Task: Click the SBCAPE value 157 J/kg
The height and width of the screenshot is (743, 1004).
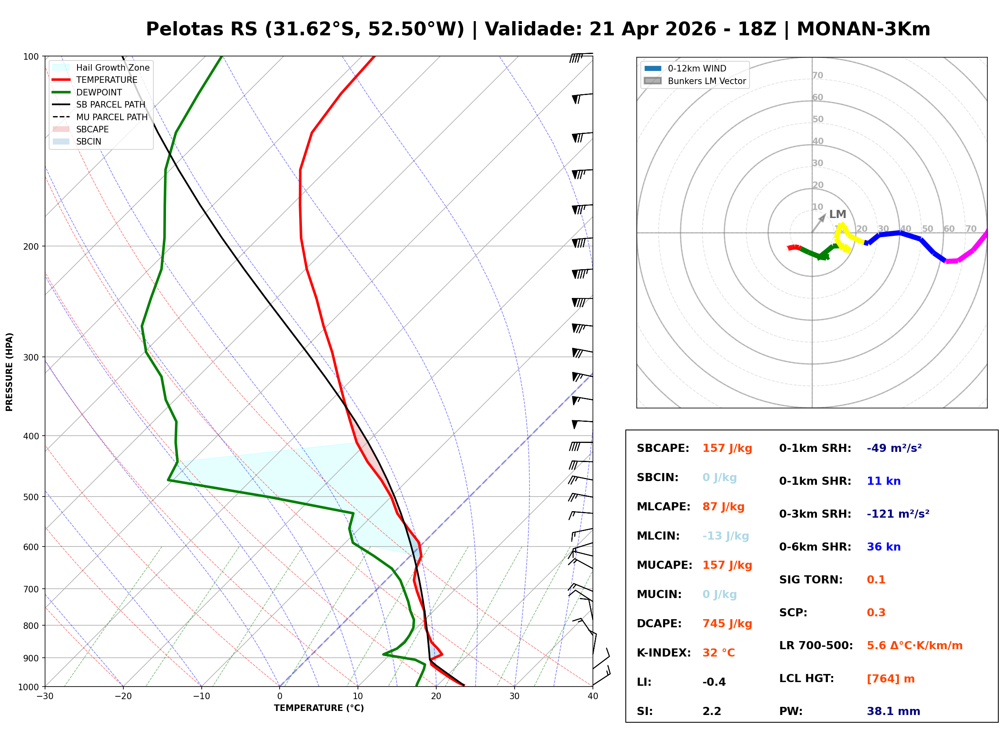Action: (727, 448)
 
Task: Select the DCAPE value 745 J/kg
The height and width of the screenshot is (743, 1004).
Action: (727, 624)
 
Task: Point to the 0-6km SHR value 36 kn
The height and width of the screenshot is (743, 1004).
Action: (883, 547)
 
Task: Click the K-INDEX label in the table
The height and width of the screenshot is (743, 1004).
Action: (664, 653)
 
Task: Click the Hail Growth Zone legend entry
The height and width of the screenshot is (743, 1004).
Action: (112, 67)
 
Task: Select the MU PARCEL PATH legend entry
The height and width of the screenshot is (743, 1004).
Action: (112, 117)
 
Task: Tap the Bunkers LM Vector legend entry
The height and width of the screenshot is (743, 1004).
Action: (706, 81)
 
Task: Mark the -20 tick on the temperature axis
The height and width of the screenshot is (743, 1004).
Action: (123, 696)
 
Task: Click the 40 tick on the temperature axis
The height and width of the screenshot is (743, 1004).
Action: (592, 696)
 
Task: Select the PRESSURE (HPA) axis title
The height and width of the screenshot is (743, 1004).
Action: (9, 372)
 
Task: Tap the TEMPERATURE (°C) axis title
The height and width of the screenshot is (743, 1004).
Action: (319, 708)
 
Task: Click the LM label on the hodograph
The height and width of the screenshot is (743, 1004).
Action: (837, 214)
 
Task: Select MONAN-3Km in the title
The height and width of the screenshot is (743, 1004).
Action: (863, 29)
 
